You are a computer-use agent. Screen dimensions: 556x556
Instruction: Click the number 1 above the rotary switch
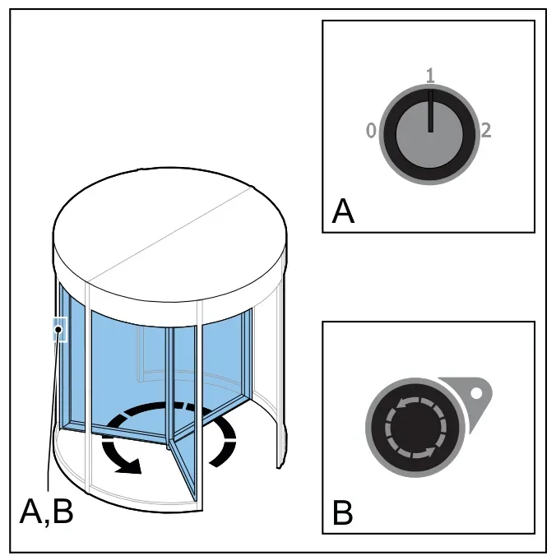430,76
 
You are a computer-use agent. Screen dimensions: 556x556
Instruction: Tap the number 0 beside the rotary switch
371,130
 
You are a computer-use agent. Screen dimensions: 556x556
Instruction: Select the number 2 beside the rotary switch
486,131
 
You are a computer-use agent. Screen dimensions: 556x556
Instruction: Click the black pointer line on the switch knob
430,111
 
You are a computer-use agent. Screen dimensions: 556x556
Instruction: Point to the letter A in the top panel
343,211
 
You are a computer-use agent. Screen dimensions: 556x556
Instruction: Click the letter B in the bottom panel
342,512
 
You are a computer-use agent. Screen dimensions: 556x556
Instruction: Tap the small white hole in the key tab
476,393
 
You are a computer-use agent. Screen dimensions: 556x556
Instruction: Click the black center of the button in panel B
415,428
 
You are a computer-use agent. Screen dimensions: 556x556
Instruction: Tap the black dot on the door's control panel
58,330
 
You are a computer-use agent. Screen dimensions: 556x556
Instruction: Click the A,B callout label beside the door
46,512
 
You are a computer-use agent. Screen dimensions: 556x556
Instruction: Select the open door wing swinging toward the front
183,468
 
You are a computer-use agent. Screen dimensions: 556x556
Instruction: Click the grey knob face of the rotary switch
429,135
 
